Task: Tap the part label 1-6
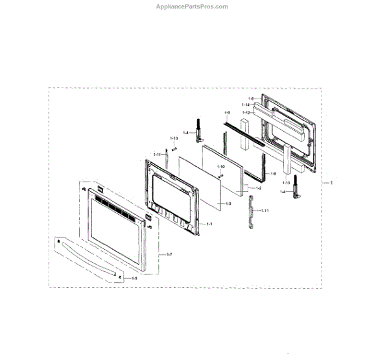(x=251, y=98)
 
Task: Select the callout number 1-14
(x=246, y=104)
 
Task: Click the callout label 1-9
(x=228, y=114)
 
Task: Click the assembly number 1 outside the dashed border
(x=331, y=184)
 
